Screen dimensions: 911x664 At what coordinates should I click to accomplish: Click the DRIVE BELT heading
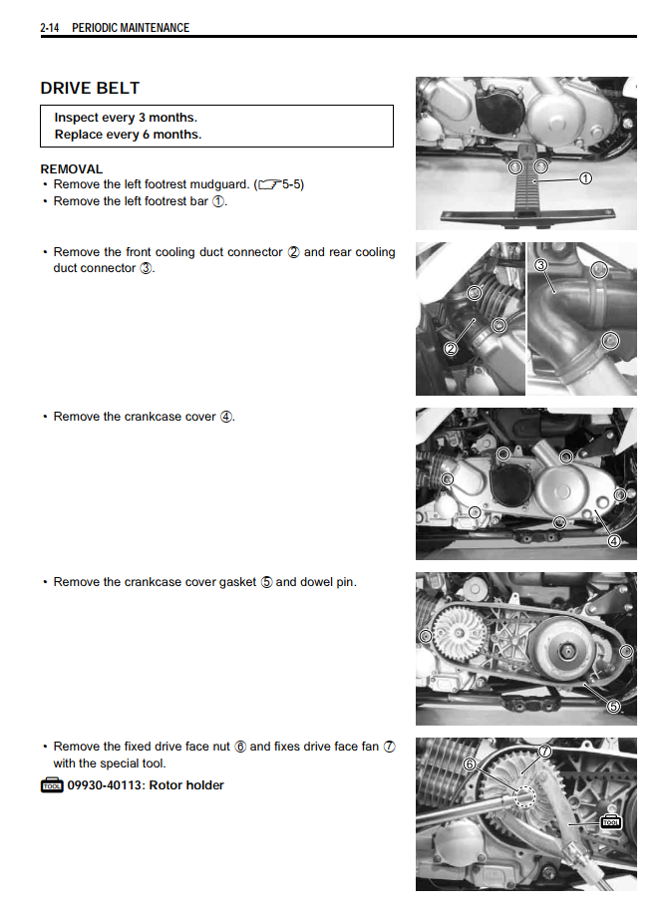pyautogui.click(x=90, y=88)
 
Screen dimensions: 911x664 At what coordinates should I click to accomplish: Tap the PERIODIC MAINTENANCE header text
pyautogui.click(x=131, y=27)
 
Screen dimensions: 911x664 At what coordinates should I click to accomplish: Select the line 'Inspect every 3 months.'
pyautogui.click(x=126, y=118)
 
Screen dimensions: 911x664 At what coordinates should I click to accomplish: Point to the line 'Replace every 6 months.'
pyautogui.click(x=128, y=135)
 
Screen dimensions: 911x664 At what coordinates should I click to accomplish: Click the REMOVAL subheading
pyautogui.click(x=71, y=169)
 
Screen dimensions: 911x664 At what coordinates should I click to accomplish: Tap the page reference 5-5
pyautogui.click(x=291, y=184)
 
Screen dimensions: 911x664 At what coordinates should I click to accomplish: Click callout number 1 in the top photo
pyautogui.click(x=585, y=178)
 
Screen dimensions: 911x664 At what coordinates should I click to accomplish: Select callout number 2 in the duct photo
pyautogui.click(x=450, y=348)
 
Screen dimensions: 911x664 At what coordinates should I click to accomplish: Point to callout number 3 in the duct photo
pyautogui.click(x=540, y=265)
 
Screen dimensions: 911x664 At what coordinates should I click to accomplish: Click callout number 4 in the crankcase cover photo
pyautogui.click(x=614, y=541)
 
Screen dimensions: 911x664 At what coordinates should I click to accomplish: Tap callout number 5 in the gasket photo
pyautogui.click(x=614, y=706)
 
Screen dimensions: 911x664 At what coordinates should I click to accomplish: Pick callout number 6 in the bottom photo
pyautogui.click(x=470, y=764)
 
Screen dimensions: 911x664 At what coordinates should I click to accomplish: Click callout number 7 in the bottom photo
pyautogui.click(x=544, y=750)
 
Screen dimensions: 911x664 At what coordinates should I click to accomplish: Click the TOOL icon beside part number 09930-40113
pyautogui.click(x=52, y=786)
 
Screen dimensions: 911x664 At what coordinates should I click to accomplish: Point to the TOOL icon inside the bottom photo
pyautogui.click(x=610, y=822)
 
